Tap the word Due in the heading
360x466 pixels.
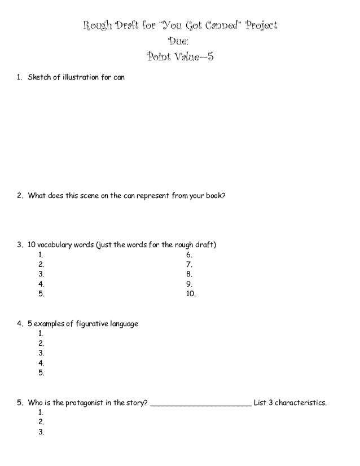[x=179, y=41]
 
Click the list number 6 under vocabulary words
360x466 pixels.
[x=188, y=255]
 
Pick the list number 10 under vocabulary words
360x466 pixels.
[x=191, y=293]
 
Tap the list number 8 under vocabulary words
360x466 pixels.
[x=188, y=274]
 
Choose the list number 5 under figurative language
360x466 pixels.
[x=41, y=372]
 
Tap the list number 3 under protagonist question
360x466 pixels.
[x=41, y=432]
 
